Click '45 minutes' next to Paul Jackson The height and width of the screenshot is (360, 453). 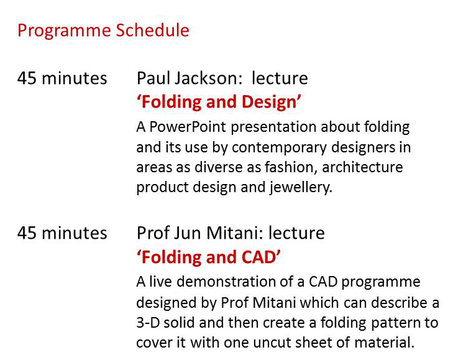[62, 78]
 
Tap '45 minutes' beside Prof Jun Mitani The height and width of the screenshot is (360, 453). [62, 233]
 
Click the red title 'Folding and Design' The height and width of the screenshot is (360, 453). [219, 102]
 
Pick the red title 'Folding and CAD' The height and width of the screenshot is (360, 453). [208, 257]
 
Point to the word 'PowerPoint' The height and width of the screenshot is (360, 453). [188, 127]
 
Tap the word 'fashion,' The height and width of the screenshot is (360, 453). [291, 168]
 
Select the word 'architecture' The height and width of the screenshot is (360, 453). [362, 167]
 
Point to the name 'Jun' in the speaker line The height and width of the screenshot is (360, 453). [188, 233]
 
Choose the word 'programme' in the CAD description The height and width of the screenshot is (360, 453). [381, 282]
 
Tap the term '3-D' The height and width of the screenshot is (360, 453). [148, 323]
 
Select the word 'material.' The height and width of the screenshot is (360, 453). [384, 343]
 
